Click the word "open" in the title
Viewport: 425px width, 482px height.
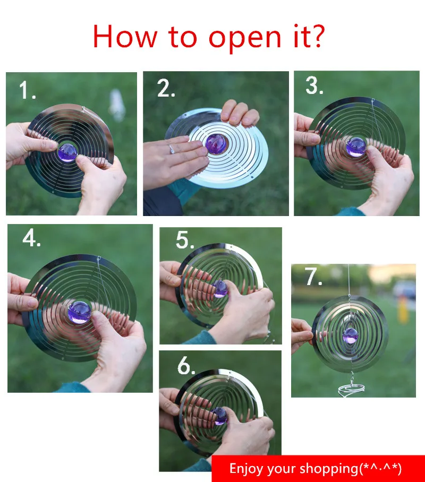point(245,39)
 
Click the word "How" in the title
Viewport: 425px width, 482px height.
point(125,37)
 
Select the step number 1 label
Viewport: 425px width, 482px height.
point(27,90)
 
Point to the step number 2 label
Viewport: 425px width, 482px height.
point(166,88)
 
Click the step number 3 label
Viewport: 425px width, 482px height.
point(314,85)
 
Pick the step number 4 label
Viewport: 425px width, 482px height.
point(31,238)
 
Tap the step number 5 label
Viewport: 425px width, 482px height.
point(185,240)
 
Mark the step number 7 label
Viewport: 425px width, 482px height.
point(313,277)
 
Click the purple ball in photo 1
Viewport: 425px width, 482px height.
point(67,152)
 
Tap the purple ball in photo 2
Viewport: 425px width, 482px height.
point(216,144)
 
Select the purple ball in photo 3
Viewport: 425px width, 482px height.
point(356,147)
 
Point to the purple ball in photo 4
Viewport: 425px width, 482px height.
point(79,312)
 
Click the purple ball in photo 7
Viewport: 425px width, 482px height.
point(351,335)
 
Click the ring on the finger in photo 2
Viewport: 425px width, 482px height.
point(172,149)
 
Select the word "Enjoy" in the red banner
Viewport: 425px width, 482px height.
point(246,469)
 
